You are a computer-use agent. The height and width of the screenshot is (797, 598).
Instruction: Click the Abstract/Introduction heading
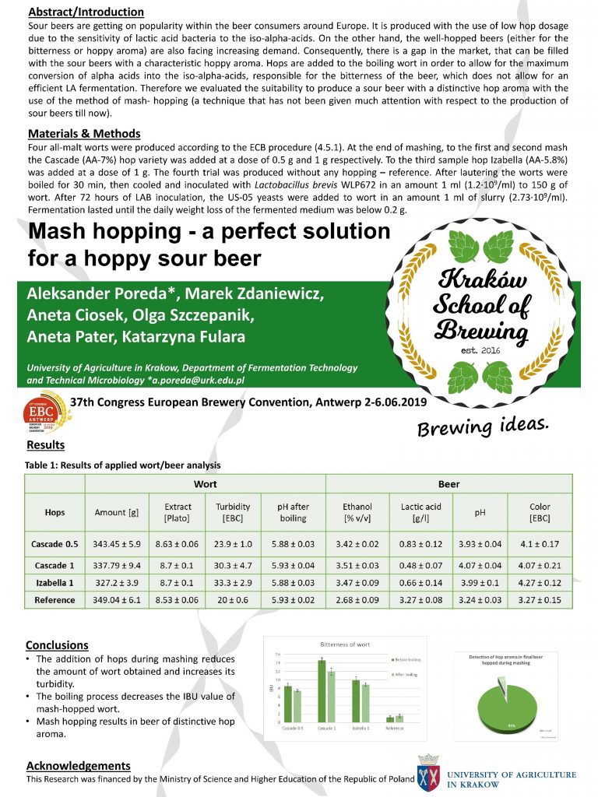pos(85,12)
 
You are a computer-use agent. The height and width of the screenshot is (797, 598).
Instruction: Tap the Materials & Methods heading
pos(83,133)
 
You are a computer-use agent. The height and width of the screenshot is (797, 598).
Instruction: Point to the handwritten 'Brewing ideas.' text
pos(483,426)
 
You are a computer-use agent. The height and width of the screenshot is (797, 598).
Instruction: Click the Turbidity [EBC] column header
pos(233,512)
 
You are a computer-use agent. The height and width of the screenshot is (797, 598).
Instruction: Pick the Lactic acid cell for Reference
pos(421,600)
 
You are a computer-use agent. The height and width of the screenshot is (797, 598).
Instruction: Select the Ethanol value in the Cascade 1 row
pos(361,566)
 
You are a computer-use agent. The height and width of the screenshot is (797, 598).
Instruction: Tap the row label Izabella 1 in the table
pos(55,583)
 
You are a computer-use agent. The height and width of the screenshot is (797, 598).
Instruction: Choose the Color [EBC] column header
pos(540,512)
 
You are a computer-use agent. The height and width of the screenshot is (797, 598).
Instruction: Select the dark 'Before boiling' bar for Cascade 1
pos(322,691)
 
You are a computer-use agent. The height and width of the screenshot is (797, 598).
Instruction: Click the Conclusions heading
pos(57,645)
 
